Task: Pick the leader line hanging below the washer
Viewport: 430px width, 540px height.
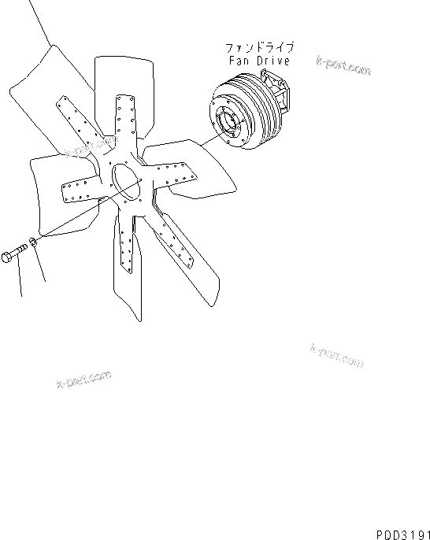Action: click(x=39, y=264)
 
